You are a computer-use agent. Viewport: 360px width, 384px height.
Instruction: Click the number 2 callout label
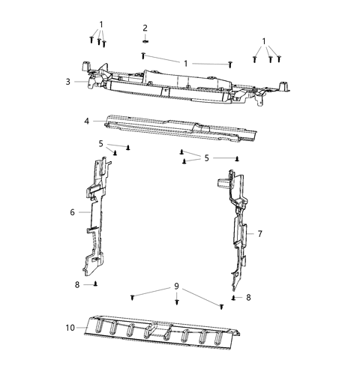pyautogui.click(x=145, y=28)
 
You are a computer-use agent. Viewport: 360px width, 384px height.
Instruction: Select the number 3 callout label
pyautogui.click(x=67, y=82)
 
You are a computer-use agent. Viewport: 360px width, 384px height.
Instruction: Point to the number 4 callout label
pyautogui.click(x=87, y=121)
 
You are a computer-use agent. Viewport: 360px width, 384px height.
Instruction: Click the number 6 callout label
pyautogui.click(x=73, y=212)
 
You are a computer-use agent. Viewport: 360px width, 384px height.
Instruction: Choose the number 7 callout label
pyautogui.click(x=259, y=234)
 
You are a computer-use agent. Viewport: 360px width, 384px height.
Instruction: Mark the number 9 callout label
pyautogui.click(x=177, y=286)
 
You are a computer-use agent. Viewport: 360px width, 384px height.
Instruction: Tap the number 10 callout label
pyautogui.click(x=70, y=327)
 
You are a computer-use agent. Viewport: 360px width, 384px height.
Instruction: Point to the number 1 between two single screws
pyautogui.click(x=185, y=62)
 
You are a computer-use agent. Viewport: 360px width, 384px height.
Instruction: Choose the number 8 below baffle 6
pyautogui.click(x=76, y=285)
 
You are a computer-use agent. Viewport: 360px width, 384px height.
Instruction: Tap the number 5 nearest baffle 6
pyautogui.click(x=100, y=143)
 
